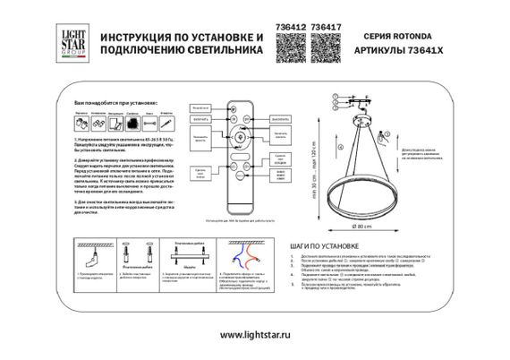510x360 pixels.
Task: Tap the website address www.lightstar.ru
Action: point(255,335)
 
